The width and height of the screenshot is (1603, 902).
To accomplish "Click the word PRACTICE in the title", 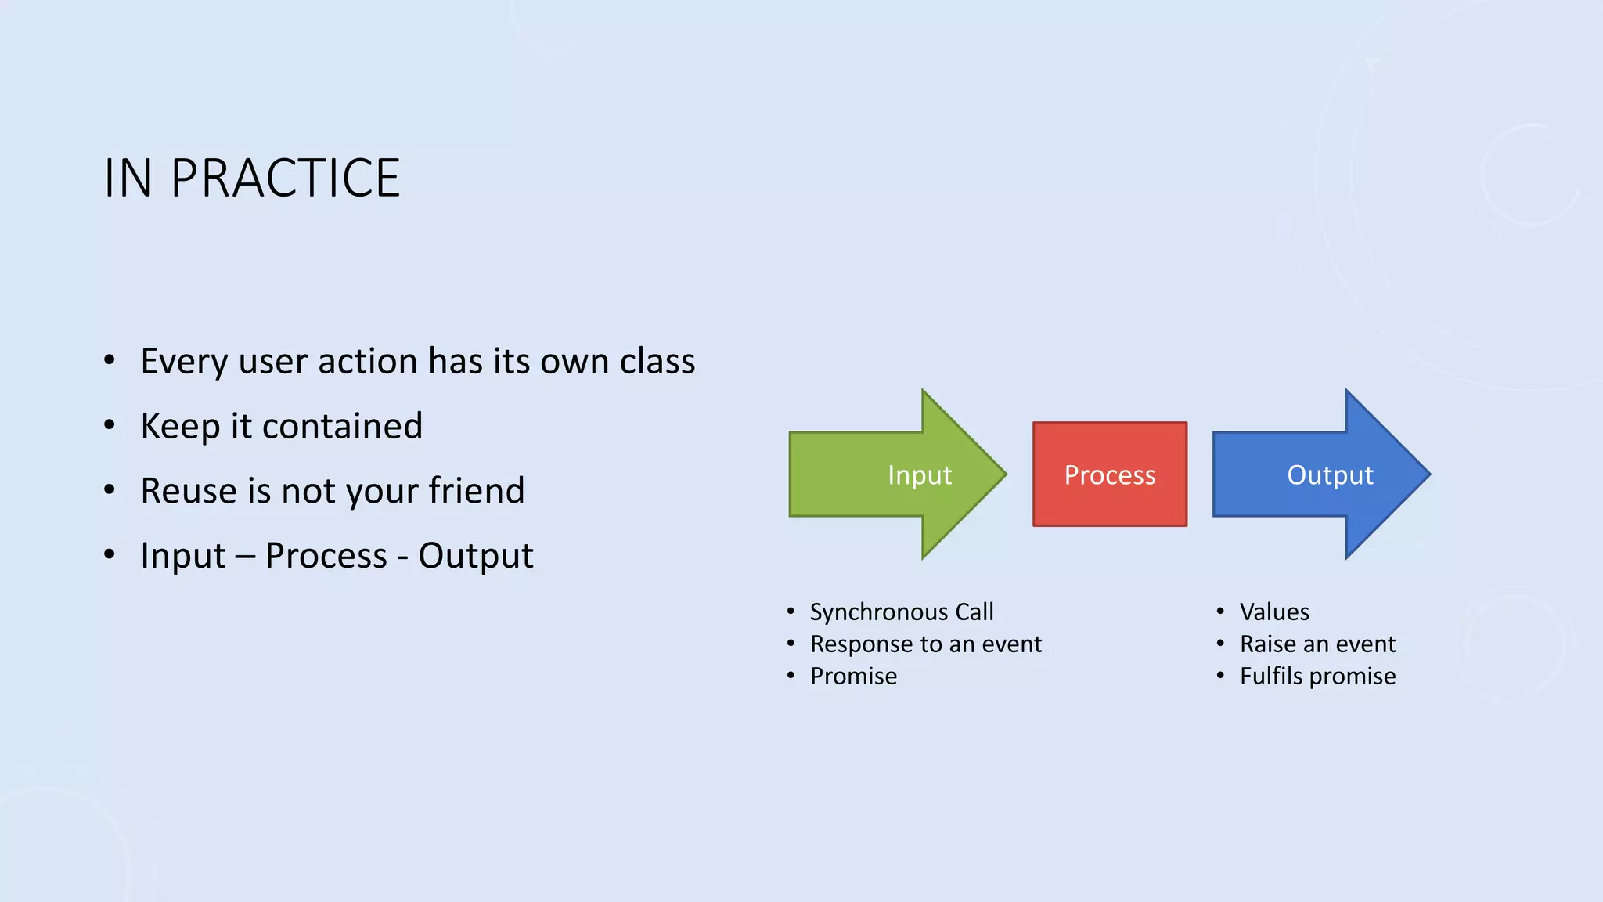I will (285, 179).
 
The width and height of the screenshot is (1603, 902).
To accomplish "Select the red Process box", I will (1109, 474).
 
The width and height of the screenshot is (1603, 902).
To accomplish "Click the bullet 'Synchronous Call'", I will (901, 612).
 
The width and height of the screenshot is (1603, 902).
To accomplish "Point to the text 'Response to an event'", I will (925, 644).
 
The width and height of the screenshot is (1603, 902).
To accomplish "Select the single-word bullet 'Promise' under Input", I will (853, 676).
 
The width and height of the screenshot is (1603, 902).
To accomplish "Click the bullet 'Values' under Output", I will (1273, 612).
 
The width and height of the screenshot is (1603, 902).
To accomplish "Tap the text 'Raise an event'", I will (1317, 644).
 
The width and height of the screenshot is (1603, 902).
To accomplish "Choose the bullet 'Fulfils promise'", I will (1317, 676).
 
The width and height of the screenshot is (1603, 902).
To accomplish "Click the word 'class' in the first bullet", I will (657, 361).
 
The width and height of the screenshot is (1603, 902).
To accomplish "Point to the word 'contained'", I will (342, 426).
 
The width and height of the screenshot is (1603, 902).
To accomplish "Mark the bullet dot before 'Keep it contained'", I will (110, 426).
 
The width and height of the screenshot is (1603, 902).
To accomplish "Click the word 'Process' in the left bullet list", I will (326, 556).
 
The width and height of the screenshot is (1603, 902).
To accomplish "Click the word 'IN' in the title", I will (128, 179).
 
